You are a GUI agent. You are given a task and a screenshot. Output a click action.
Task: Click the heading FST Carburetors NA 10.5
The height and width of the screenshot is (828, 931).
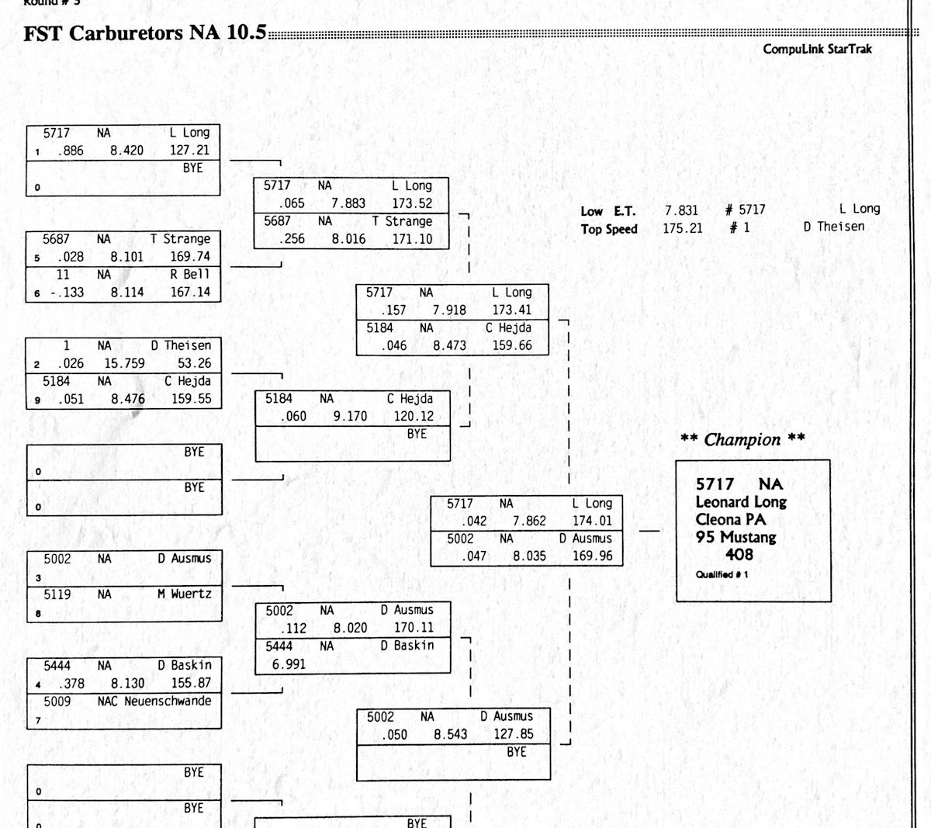click(x=145, y=33)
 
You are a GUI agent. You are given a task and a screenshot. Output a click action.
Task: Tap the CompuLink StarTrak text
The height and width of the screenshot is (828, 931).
click(x=817, y=49)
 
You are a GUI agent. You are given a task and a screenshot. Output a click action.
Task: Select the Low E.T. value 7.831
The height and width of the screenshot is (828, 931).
click(x=681, y=210)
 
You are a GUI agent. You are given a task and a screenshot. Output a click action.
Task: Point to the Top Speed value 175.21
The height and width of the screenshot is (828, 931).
click(x=682, y=228)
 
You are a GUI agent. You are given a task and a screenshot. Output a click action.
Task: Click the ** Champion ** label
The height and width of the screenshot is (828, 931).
click(x=742, y=440)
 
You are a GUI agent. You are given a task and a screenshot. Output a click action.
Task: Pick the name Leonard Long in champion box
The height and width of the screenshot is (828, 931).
click(x=740, y=502)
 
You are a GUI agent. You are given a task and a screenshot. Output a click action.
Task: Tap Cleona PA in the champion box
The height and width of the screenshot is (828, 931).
click(x=730, y=520)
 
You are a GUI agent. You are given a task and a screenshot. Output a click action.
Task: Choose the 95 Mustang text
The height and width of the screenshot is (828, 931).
click(x=735, y=537)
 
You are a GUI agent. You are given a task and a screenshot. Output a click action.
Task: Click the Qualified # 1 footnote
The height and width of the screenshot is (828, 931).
click(x=722, y=575)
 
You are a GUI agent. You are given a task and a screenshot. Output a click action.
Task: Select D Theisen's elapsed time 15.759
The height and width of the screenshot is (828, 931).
click(x=124, y=363)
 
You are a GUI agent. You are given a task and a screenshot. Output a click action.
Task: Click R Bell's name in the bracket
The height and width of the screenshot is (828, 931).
click(x=190, y=275)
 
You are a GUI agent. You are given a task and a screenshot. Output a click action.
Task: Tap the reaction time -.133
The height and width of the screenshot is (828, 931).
click(x=67, y=293)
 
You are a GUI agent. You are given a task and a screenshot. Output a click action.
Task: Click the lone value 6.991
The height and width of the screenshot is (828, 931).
click(x=289, y=664)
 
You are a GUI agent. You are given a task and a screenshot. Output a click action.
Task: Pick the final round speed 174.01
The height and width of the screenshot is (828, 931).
click(x=592, y=521)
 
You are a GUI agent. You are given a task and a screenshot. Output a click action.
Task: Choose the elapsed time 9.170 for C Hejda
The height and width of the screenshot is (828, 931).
click(x=350, y=417)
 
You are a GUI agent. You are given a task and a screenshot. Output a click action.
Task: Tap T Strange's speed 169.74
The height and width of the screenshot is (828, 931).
click(x=190, y=257)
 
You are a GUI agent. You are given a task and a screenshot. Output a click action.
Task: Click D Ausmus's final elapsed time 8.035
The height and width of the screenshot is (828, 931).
click(x=529, y=556)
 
